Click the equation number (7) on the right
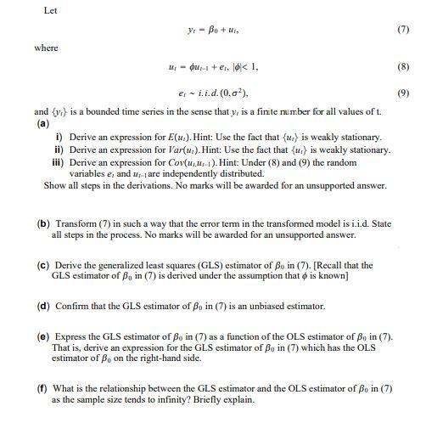tap(403, 29)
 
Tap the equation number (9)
tap(403, 93)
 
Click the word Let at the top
tap(49, 10)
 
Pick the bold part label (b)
tap(43, 224)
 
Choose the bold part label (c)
tap(42, 265)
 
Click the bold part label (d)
tap(43, 306)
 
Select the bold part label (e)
tap(43, 336)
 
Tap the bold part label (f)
tap(42, 387)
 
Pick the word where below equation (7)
tap(46, 48)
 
